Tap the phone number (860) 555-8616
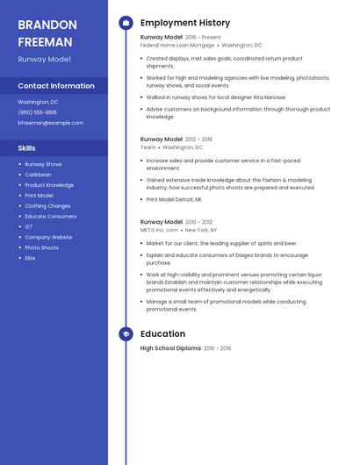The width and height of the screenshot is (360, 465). [x=37, y=112]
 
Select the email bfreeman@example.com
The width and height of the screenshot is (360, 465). [x=50, y=123]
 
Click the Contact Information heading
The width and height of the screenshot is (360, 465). [x=56, y=86]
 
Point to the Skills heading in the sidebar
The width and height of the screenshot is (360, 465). [x=27, y=148]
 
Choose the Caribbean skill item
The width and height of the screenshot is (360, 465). [x=38, y=175]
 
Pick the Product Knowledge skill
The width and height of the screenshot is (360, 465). [x=49, y=185]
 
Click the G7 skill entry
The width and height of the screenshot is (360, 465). [x=29, y=226]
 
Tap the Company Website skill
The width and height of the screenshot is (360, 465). [x=48, y=237]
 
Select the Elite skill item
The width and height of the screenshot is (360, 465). [x=30, y=258]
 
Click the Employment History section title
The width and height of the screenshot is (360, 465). [x=185, y=23]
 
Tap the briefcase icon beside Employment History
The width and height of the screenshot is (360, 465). [x=126, y=23]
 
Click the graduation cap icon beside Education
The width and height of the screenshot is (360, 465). [x=126, y=334]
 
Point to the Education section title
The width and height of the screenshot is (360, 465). [x=162, y=334]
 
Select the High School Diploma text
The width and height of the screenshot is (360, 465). [x=170, y=348]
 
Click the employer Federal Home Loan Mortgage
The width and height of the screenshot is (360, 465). [x=176, y=45]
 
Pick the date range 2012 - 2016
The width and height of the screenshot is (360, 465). [x=199, y=139]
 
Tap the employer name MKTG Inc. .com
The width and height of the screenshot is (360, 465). [x=160, y=230]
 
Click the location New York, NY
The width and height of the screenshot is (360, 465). [x=201, y=230]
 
